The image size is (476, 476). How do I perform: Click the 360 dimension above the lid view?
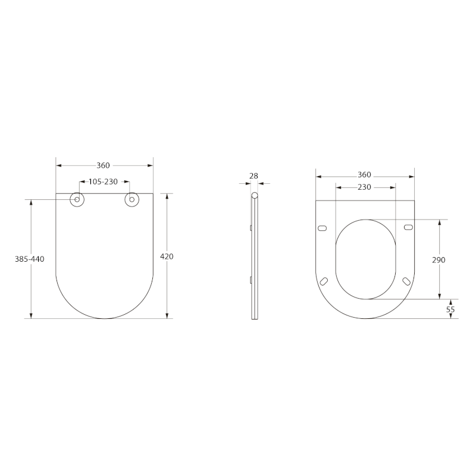tap(103, 165)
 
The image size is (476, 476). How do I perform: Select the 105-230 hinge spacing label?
tap(103, 182)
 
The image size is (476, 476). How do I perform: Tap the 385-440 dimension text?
tap(29, 259)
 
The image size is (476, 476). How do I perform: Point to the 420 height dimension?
tap(167, 256)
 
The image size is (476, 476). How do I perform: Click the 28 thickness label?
tap(253, 176)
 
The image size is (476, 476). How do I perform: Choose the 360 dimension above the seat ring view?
tap(364, 174)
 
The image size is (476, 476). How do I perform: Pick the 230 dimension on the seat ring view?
tap(364, 187)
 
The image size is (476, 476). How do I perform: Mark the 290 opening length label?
tap(439, 260)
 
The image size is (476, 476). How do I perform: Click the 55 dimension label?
tap(450, 309)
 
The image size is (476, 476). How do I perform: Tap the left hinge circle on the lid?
tap(77, 199)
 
